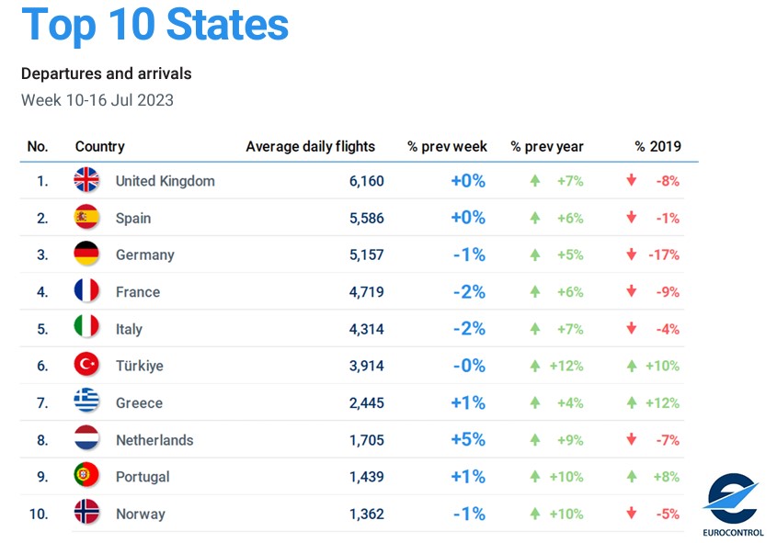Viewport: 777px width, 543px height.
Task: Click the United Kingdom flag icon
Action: [x=86, y=180]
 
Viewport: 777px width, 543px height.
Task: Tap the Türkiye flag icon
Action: [x=86, y=365]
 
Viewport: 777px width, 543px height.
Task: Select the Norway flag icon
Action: [x=86, y=513]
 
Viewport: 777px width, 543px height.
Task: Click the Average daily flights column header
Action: [x=310, y=146]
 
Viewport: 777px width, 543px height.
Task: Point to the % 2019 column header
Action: [x=657, y=146]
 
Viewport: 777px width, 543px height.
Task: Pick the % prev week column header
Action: [x=447, y=146]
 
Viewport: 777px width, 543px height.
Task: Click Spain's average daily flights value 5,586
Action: [x=366, y=218]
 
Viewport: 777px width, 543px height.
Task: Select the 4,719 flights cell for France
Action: [x=366, y=291]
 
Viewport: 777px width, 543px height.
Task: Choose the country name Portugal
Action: [x=143, y=476]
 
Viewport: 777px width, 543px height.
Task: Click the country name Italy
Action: [x=129, y=328]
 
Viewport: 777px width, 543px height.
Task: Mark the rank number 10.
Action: [x=38, y=513]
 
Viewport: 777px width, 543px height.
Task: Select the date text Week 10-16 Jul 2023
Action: [x=97, y=99]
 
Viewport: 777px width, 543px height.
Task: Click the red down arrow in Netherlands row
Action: [x=631, y=439]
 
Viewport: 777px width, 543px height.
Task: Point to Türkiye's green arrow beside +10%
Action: [x=631, y=366]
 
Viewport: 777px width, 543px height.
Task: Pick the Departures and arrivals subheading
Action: [x=106, y=74]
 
